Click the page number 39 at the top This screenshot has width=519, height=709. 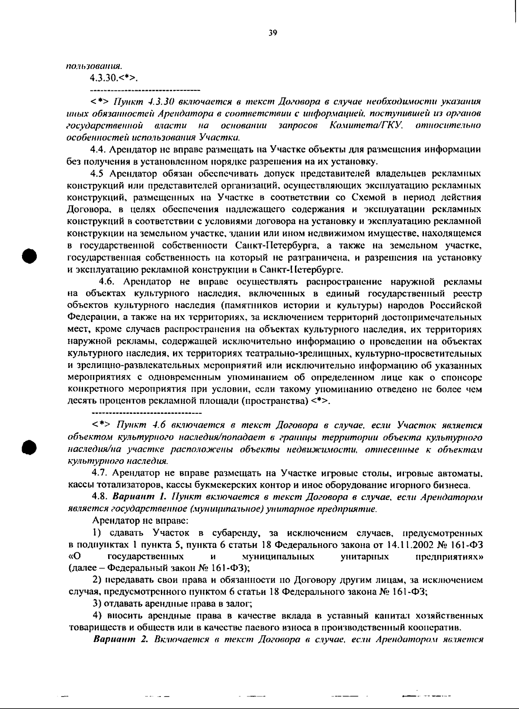click(272, 33)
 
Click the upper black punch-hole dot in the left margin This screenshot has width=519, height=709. click(31, 255)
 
